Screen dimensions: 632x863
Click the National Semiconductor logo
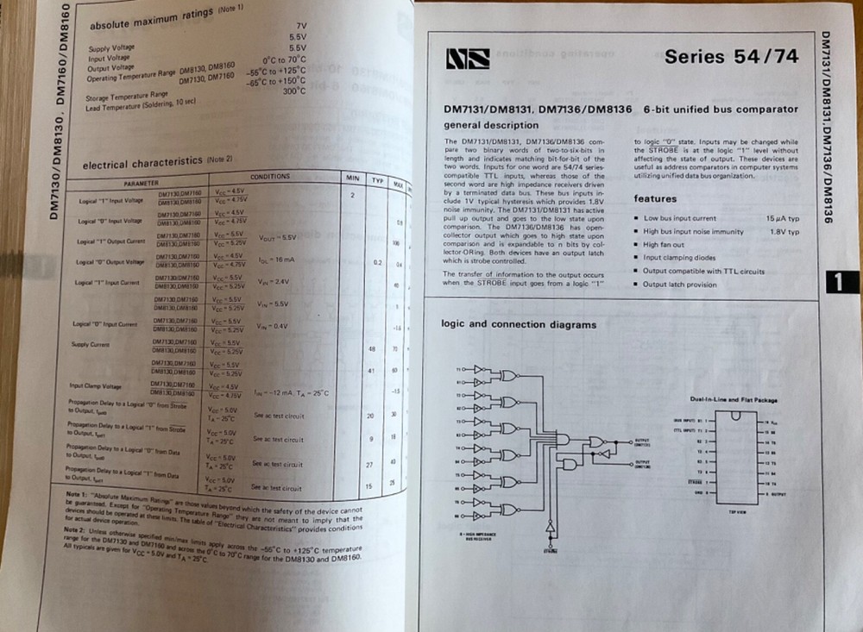coord(468,59)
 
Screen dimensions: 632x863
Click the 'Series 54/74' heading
coord(731,58)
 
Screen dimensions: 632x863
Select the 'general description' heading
coord(491,126)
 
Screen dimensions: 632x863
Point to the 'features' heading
coord(656,199)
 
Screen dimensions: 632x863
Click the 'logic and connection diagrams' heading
coord(519,325)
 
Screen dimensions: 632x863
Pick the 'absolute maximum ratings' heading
coord(154,20)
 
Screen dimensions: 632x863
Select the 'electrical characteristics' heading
coord(142,164)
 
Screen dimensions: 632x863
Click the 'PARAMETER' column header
coord(141,184)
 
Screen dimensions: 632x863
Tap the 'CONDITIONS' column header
coord(269,177)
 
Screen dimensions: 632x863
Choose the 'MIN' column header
coord(352,177)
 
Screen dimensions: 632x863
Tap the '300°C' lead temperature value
coord(293,91)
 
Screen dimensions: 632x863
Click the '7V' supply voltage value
coord(300,27)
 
